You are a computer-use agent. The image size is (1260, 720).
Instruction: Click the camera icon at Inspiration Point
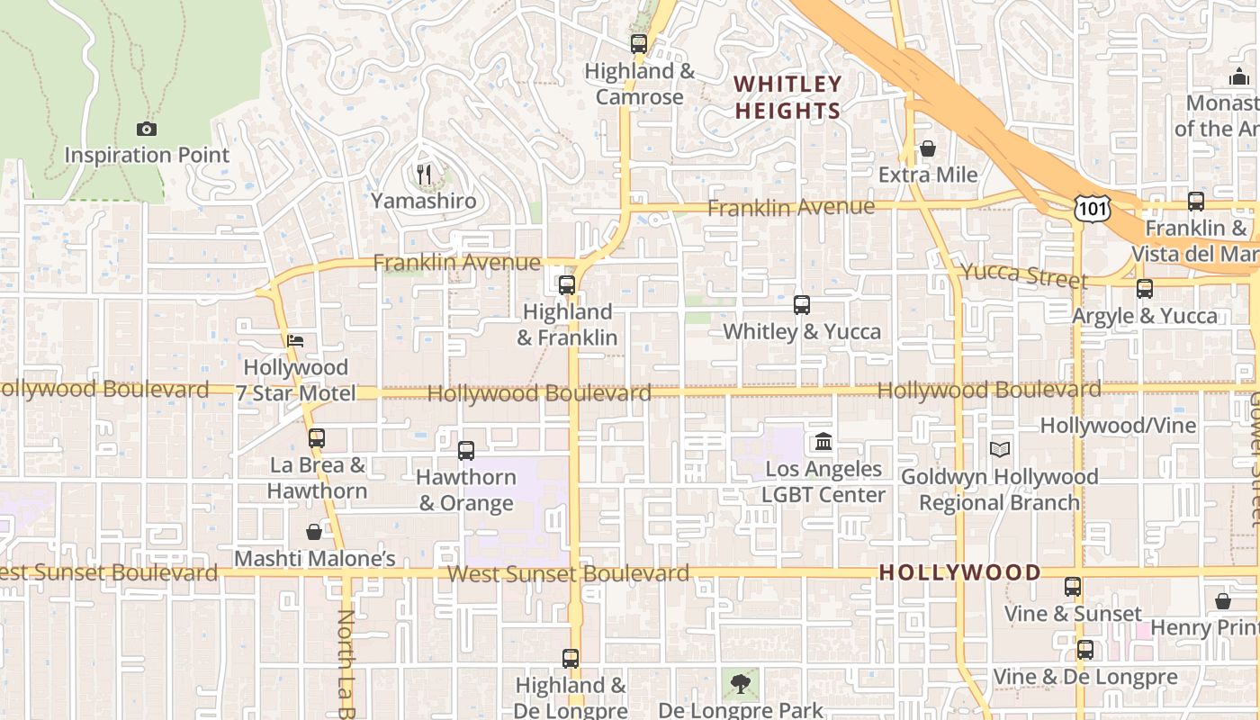tap(147, 129)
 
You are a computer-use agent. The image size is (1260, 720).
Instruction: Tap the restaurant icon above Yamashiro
tap(425, 174)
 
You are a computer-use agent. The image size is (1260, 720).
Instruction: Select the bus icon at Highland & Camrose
tap(639, 43)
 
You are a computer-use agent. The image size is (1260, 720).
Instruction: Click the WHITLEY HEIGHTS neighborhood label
tap(787, 97)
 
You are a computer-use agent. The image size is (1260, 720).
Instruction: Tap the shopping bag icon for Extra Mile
tap(928, 148)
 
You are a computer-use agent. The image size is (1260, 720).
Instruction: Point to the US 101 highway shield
tap(1092, 209)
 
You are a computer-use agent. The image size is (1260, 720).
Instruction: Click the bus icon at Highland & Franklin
tap(567, 285)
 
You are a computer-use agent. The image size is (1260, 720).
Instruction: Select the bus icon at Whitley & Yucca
tap(802, 305)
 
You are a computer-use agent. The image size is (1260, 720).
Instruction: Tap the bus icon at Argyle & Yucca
tap(1145, 289)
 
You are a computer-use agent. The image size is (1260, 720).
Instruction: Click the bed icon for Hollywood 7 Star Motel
tap(295, 341)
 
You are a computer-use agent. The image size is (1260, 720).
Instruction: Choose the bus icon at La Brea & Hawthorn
tap(317, 438)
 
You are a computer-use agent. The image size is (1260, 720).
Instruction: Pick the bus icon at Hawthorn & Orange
tap(466, 451)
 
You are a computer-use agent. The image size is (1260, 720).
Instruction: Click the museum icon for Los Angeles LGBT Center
tap(823, 442)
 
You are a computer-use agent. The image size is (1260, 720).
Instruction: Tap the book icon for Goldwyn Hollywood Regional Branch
tap(999, 449)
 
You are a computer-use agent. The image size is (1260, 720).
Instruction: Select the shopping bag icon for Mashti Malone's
tap(314, 532)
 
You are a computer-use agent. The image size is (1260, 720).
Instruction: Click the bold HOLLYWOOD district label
tap(959, 572)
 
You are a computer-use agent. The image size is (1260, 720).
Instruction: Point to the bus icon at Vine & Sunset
tap(1073, 587)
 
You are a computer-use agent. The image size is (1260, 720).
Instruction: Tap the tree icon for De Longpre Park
tap(740, 684)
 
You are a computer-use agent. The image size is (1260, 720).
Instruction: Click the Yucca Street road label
tap(1024, 274)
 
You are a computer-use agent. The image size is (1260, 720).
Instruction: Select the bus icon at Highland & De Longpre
tap(571, 659)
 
